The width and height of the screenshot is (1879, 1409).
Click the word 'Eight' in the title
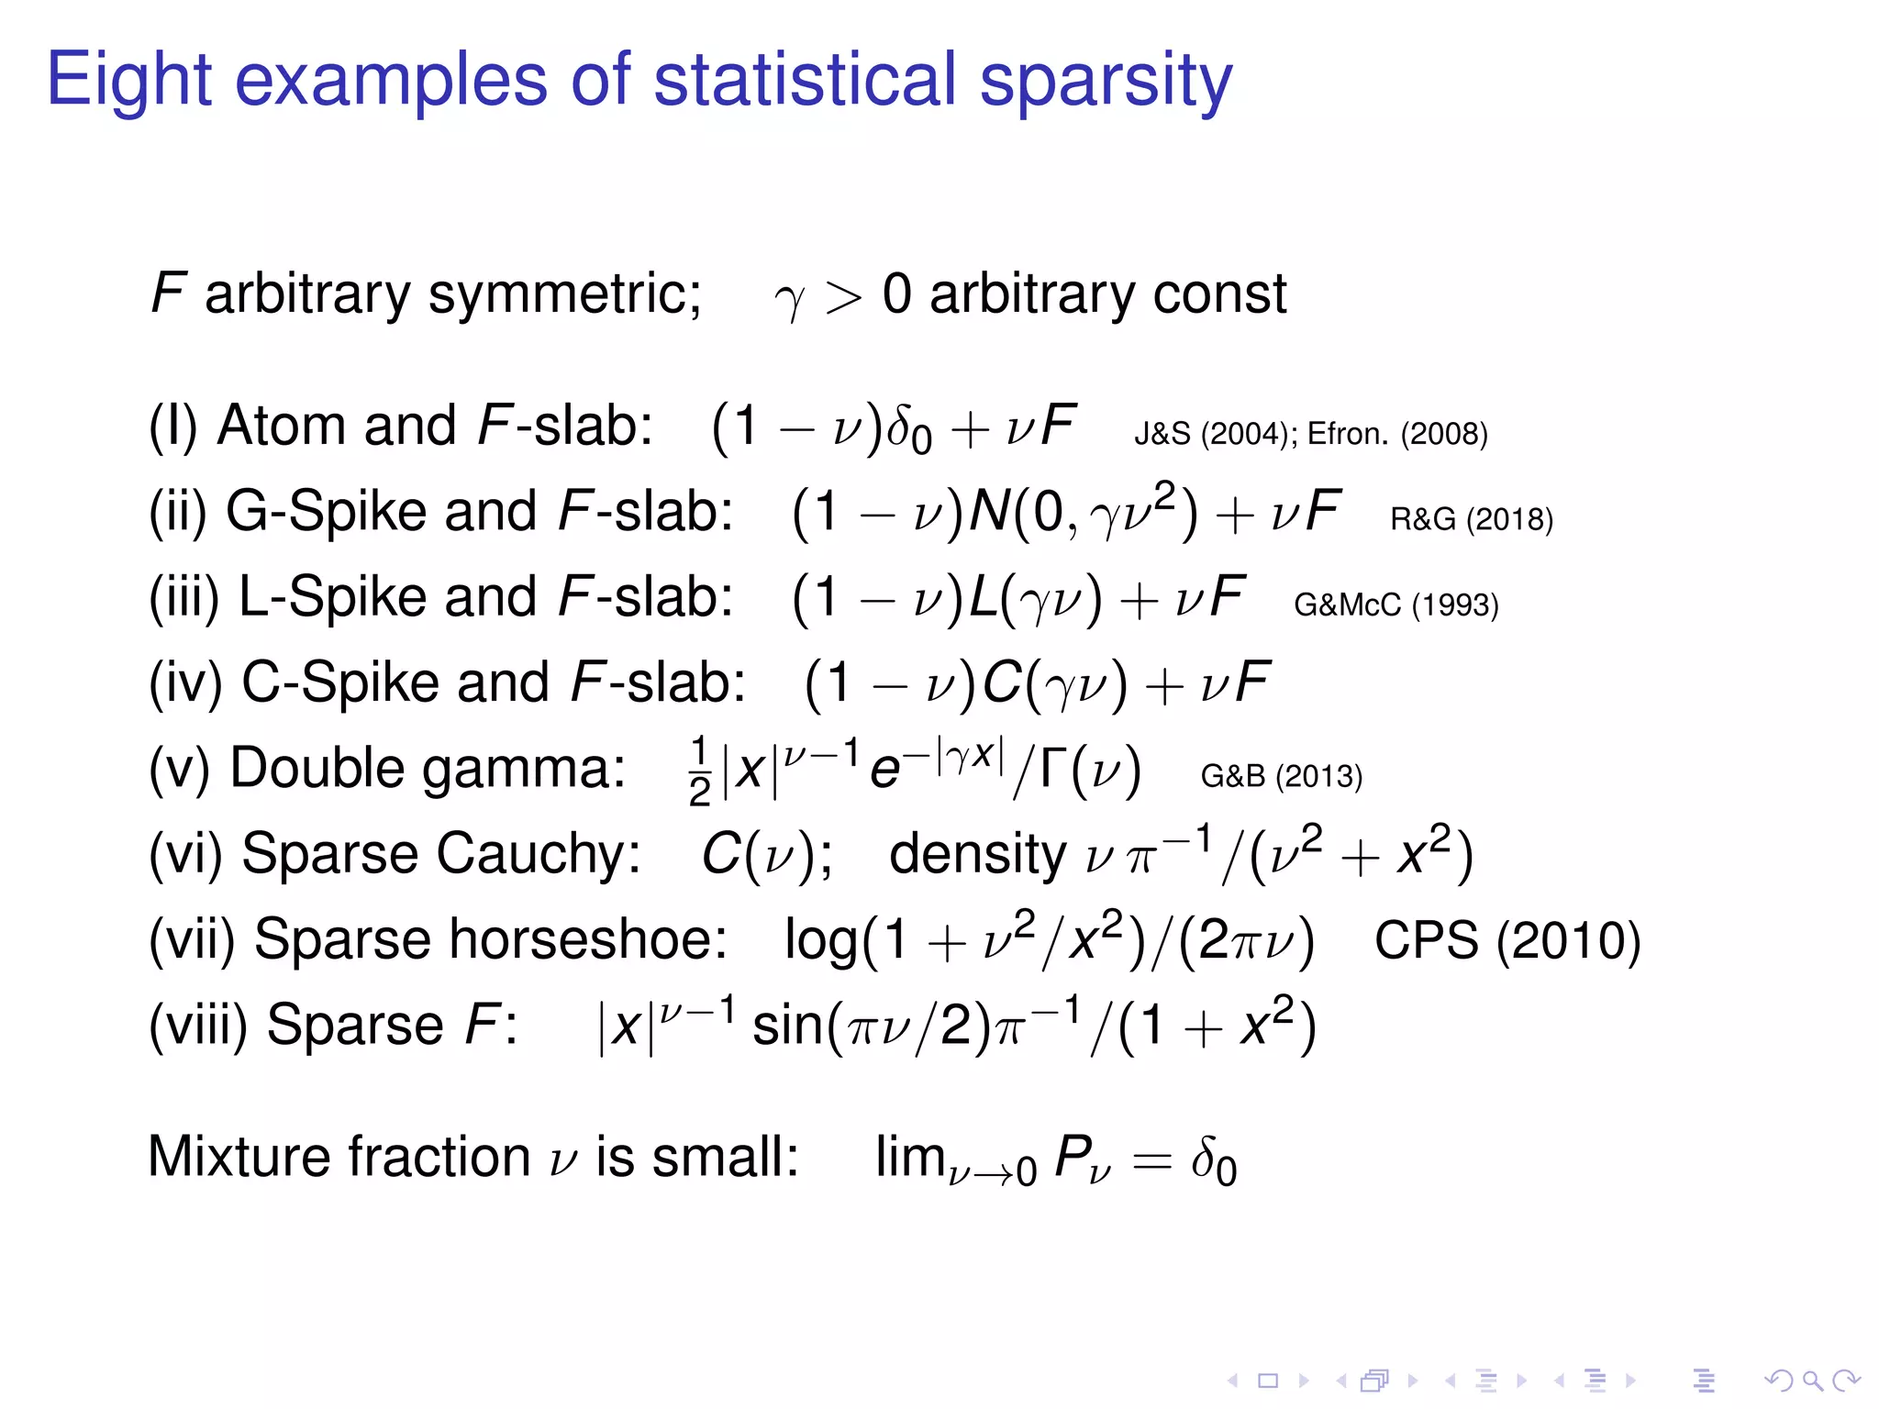pos(128,81)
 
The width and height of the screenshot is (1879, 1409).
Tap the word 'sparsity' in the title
pos(1106,81)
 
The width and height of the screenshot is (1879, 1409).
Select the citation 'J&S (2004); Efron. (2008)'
pos(1311,433)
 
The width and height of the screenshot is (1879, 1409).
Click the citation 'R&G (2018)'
pos(1472,519)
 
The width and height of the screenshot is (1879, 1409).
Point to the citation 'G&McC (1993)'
pos(1395,605)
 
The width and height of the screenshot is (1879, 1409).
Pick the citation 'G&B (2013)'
pos(1281,776)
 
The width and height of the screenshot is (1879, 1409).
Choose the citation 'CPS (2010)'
pos(1507,940)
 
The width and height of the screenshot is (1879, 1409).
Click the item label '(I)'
pos(173,427)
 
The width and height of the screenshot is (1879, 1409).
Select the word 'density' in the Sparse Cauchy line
pos(977,855)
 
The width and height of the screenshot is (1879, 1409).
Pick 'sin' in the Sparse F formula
pos(787,1025)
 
